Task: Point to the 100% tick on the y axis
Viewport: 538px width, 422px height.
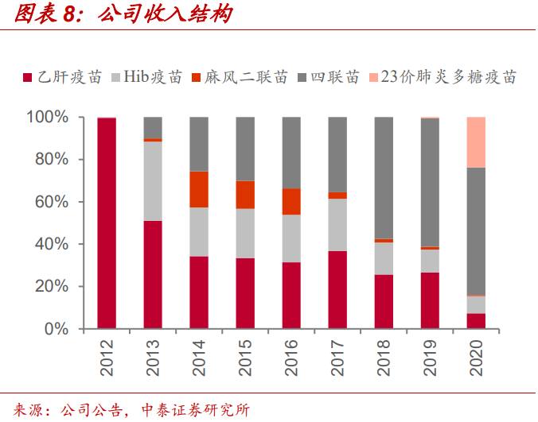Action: (49, 118)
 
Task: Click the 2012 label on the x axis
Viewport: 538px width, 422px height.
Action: (107, 357)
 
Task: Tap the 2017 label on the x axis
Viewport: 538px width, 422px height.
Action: (338, 357)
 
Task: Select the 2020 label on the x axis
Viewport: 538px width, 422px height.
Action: (477, 357)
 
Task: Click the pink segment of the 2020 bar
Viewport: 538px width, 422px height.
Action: (476, 142)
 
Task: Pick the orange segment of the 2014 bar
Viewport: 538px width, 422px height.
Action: (199, 189)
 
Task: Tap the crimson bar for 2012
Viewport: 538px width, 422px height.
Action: (107, 223)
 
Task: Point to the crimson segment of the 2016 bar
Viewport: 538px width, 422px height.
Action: (291, 295)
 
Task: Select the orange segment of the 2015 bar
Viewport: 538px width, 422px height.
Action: (245, 195)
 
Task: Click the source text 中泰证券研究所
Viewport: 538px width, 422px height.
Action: (196, 410)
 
